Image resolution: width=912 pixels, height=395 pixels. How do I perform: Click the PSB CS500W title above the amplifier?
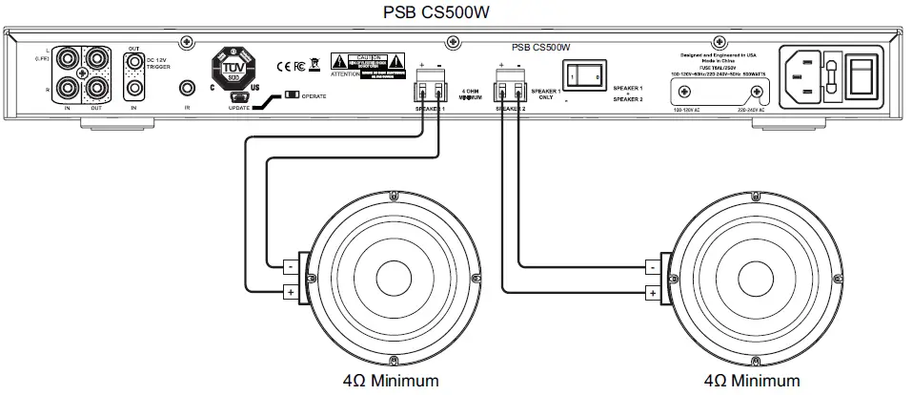[x=456, y=12]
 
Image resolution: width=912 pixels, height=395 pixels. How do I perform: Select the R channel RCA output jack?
[x=95, y=90]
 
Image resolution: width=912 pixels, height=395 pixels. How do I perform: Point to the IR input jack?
[x=189, y=88]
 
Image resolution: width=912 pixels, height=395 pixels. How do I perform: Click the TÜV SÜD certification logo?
[x=233, y=67]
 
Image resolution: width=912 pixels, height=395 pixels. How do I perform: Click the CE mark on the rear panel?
[x=282, y=67]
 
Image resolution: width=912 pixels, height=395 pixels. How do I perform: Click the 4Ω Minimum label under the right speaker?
[x=753, y=381]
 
